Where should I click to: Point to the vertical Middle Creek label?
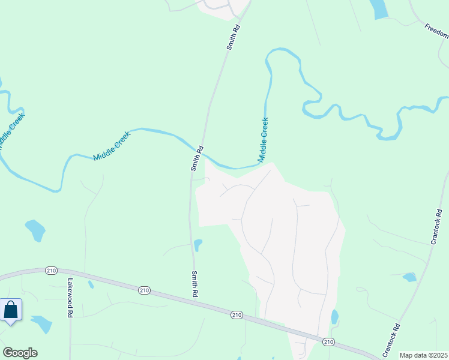[263, 140]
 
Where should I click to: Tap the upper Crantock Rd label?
[437, 226]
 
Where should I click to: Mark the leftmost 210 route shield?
[51, 271]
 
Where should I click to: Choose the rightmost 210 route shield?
[328, 341]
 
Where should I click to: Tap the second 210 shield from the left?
[143, 290]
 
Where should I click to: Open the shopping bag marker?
[11, 311]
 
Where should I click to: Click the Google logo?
[20, 353]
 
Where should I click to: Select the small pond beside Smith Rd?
[198, 245]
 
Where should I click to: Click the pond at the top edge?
[379, 8]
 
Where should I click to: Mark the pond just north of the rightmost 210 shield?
[334, 317]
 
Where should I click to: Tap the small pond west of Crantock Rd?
[410, 277]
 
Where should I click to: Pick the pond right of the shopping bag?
[41, 324]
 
